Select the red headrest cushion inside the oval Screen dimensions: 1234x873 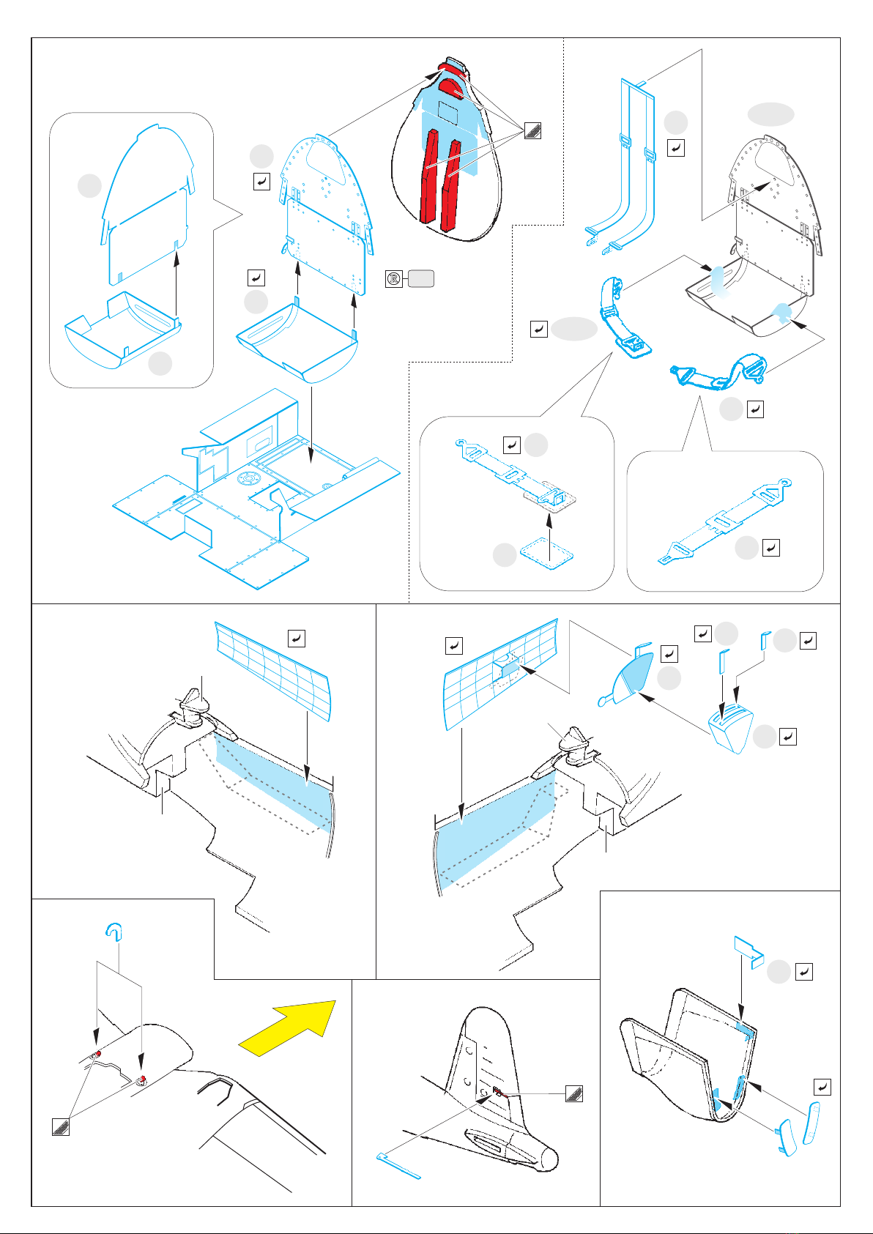click(450, 89)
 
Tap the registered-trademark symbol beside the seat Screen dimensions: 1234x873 click(394, 278)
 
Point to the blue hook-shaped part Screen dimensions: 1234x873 click(113, 931)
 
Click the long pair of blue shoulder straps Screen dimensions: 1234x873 click(623, 168)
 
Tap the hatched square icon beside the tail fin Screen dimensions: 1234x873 click(574, 1094)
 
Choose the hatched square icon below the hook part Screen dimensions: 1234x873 click(61, 1126)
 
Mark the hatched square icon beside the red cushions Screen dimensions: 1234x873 click(532, 132)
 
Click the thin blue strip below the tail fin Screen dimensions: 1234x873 click(399, 1167)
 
